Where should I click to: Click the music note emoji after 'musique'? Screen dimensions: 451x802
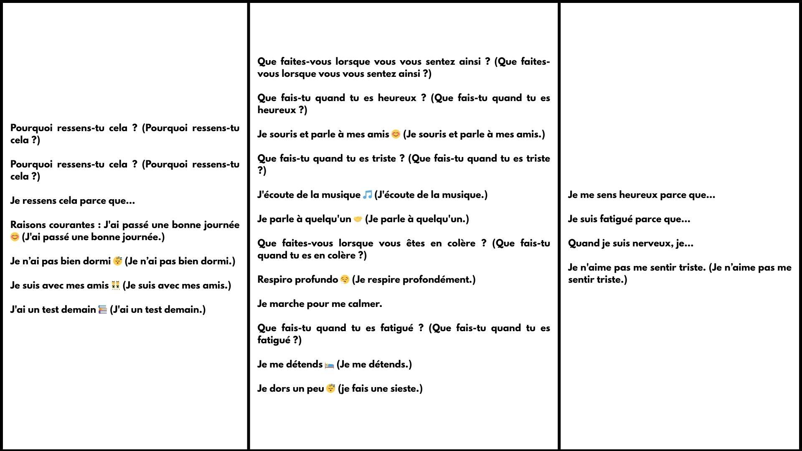click(367, 195)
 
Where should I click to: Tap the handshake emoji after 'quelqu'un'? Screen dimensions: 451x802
click(358, 219)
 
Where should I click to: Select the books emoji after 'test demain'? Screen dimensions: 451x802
click(103, 309)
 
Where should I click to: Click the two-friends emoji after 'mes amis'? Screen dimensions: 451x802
click(116, 285)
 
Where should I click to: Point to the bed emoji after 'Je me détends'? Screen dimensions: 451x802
click(329, 365)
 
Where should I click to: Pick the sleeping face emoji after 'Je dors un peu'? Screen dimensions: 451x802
click(330, 388)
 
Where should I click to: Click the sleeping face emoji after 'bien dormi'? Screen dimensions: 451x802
click(117, 261)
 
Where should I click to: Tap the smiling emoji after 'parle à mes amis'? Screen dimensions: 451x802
click(396, 134)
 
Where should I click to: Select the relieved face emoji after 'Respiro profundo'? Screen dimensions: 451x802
click(345, 279)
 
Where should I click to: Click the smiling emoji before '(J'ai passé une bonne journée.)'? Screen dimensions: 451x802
click(15, 237)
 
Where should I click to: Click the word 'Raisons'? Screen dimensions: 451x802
click(29, 225)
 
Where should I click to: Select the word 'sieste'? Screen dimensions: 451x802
click(404, 389)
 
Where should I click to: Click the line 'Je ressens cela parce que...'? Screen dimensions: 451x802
click(73, 201)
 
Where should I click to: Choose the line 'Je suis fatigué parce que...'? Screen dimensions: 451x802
click(629, 219)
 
